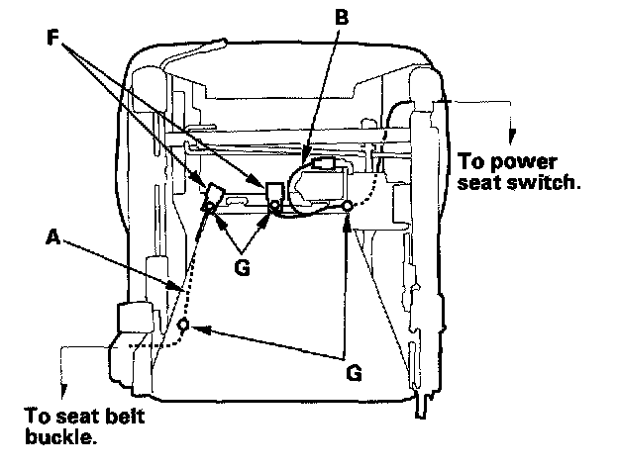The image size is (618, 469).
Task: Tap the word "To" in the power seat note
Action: (x=474, y=161)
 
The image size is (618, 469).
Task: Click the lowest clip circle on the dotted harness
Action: (x=183, y=326)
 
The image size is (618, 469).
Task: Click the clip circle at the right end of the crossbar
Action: (x=348, y=206)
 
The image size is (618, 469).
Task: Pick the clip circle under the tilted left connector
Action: (x=211, y=206)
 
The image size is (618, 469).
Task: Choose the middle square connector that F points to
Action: (x=273, y=188)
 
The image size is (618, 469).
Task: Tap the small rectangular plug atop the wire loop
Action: (x=322, y=160)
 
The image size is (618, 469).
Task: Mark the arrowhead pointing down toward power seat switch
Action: (x=511, y=139)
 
